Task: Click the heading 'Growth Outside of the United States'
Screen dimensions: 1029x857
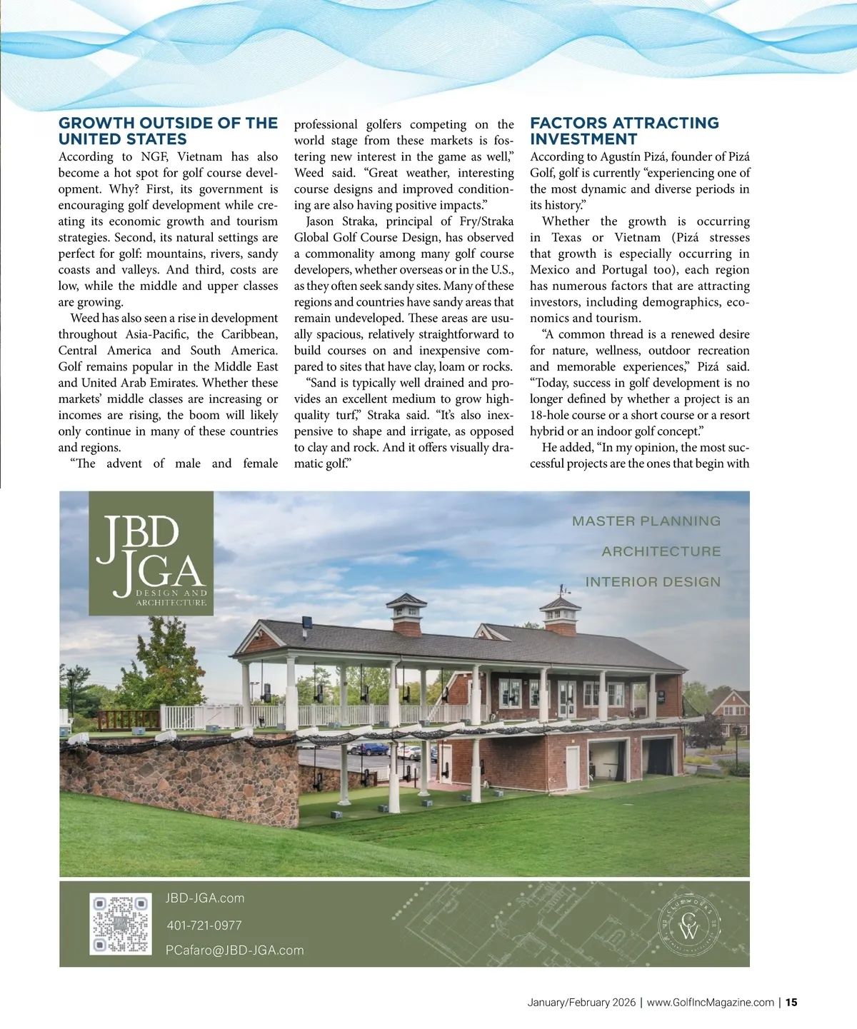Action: click(168, 131)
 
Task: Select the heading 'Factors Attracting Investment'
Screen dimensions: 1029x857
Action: click(624, 131)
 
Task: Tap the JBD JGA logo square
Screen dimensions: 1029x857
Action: click(151, 553)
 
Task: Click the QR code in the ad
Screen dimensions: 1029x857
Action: click(120, 924)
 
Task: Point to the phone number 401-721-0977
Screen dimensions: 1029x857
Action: click(204, 925)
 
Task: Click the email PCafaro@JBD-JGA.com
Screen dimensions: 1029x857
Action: click(234, 950)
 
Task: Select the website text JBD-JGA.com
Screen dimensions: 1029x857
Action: click(205, 898)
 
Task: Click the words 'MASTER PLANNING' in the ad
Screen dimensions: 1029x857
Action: click(646, 521)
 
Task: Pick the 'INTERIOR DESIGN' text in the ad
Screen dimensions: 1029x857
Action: click(653, 582)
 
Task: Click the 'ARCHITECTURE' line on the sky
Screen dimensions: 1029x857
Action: click(661, 551)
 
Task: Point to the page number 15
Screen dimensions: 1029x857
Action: click(791, 1002)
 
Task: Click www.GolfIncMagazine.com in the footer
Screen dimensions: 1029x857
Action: click(710, 1002)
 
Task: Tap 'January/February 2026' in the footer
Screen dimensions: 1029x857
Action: click(581, 1002)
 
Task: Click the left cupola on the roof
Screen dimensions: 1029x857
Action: click(407, 614)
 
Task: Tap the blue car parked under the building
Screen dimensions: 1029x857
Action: click(369, 749)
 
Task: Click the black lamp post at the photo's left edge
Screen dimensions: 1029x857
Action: click(71, 691)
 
